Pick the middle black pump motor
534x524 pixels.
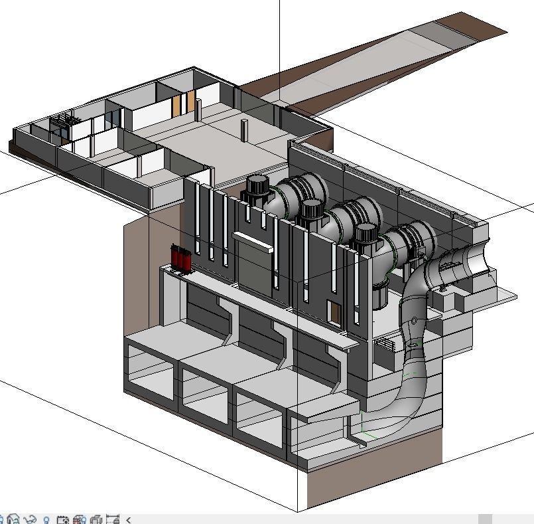pos(310,213)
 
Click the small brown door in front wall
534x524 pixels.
pos(334,312)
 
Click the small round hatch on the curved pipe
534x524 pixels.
pos(415,321)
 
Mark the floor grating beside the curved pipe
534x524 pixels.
pos(384,345)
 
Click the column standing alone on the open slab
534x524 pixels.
pos(243,131)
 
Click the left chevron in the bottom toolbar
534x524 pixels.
pos(129,519)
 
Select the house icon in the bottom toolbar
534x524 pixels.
pos(13,519)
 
